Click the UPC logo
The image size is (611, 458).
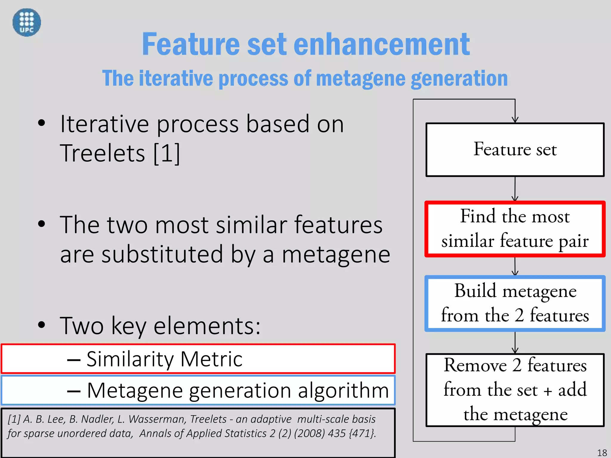pyautogui.click(x=27, y=22)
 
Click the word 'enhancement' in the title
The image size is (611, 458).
pyautogui.click(x=382, y=44)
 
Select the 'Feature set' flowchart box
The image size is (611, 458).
pyautogui.click(x=515, y=149)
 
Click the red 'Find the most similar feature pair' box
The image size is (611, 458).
pyautogui.click(x=515, y=229)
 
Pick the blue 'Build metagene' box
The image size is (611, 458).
pyautogui.click(x=515, y=303)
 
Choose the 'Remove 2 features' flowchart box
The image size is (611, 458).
pyautogui.click(x=515, y=390)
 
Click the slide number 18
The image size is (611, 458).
pyautogui.click(x=602, y=453)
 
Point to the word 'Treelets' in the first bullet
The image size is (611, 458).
pyautogui.click(x=103, y=153)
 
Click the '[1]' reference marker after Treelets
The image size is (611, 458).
pyautogui.click(x=167, y=153)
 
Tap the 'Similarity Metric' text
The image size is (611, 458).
pyautogui.click(x=164, y=359)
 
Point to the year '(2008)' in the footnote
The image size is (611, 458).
pyautogui.click(x=309, y=434)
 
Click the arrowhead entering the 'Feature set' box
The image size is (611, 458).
pyautogui.click(x=515, y=120)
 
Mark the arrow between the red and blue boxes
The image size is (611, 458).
pyautogui.click(x=515, y=267)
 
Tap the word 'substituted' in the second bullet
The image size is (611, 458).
pyautogui.click(x=162, y=254)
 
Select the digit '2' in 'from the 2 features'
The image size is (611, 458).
pyautogui.click(x=519, y=315)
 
